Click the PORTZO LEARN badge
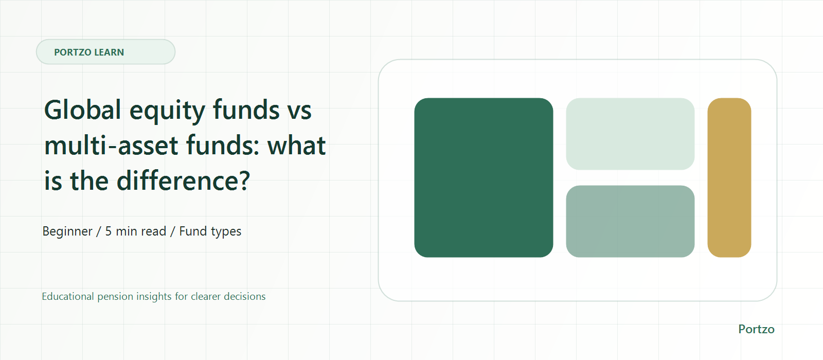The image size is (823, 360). [105, 52]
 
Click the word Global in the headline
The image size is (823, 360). [83, 110]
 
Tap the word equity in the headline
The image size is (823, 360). [167, 112]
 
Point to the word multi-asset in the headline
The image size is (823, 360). [111, 146]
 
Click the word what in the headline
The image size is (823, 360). [296, 146]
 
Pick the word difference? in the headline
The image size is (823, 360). [183, 181]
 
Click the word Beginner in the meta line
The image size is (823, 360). [67, 231]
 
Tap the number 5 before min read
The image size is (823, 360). [109, 231]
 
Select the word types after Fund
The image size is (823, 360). [226, 232]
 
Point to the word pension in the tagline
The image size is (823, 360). [115, 297]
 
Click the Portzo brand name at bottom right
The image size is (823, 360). [757, 329]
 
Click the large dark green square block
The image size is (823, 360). [484, 177]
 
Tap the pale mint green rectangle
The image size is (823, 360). [630, 134]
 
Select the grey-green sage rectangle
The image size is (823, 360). [630, 221]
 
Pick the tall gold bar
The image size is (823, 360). [729, 177]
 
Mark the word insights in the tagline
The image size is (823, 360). [154, 297]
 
